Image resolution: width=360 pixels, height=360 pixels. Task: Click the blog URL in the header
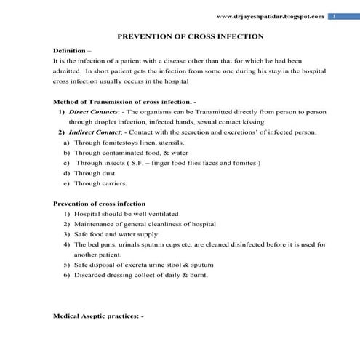[x=271, y=16]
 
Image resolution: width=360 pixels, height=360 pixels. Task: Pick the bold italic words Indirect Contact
[x=93, y=132]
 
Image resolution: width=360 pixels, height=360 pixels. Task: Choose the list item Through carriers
[x=99, y=184]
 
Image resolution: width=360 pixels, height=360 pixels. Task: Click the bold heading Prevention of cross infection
[x=100, y=204]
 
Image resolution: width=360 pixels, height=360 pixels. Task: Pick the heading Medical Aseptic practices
[x=99, y=316]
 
